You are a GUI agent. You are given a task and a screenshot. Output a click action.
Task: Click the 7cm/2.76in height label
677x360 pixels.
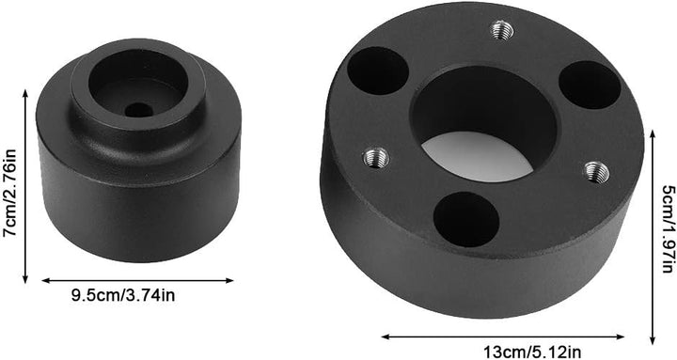(9, 193)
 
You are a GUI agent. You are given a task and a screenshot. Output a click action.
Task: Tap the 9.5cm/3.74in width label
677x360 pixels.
(123, 296)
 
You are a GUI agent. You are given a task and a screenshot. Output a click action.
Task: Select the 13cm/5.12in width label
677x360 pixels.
(531, 352)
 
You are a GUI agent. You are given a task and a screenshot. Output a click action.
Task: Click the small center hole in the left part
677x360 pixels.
(138, 110)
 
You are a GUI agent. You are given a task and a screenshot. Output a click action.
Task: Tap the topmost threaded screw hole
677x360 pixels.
(502, 30)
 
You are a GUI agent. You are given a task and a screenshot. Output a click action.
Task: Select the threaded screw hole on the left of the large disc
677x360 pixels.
(376, 158)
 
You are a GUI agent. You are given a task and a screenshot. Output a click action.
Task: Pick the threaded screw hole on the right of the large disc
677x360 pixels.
(597, 172)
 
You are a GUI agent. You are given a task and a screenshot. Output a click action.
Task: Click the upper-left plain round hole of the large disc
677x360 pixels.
(378, 70)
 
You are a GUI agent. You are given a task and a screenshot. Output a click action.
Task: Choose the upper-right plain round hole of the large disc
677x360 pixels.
(590, 85)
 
